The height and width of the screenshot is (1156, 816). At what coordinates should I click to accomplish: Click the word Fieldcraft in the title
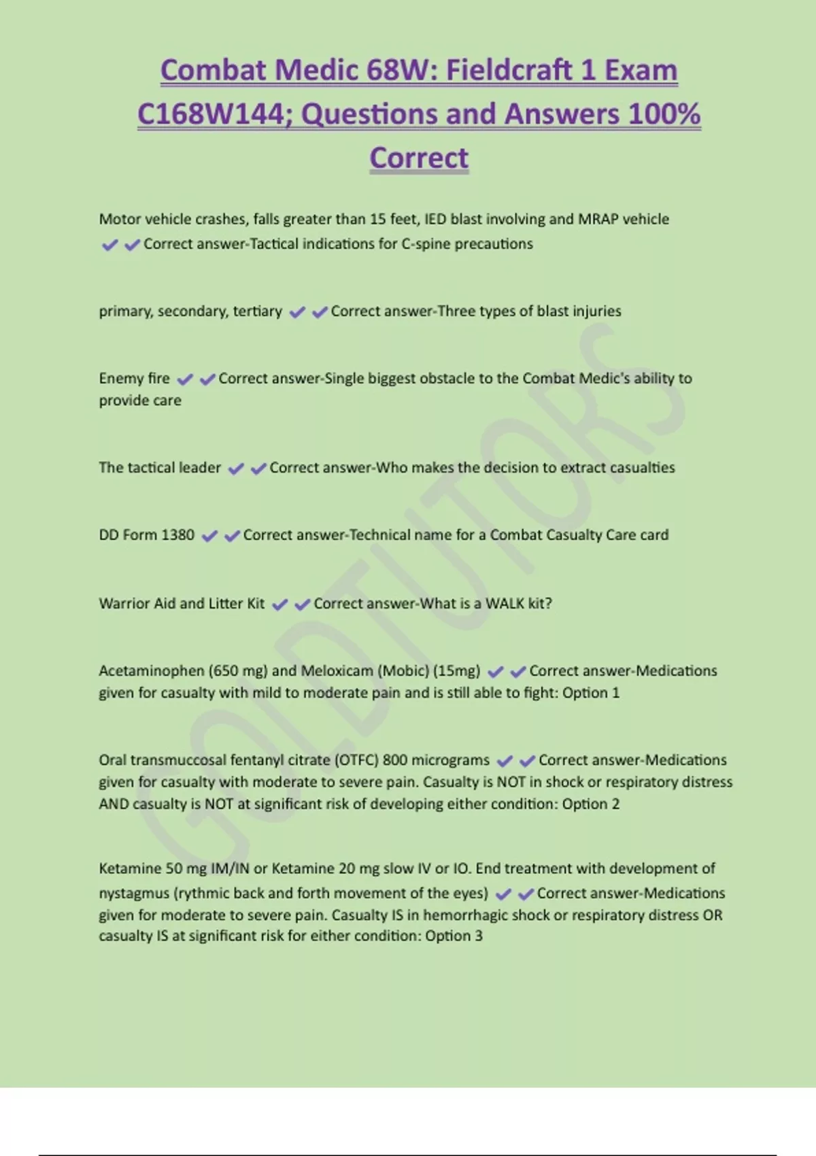(x=508, y=70)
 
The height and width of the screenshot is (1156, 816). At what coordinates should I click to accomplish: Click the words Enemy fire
(x=134, y=378)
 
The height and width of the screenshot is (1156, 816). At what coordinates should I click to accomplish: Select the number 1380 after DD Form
(x=177, y=535)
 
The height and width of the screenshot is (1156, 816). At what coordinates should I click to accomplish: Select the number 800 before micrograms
(x=395, y=760)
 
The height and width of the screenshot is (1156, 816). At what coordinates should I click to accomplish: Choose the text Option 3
(x=454, y=936)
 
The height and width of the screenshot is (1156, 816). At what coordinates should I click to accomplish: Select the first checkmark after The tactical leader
(x=236, y=469)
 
